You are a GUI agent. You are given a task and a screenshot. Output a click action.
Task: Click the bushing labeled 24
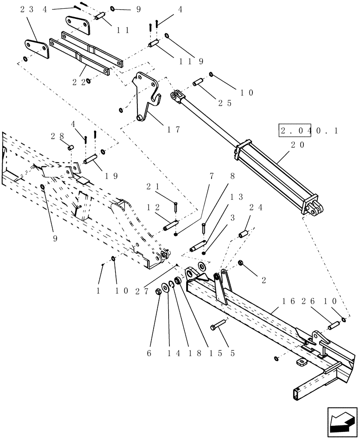pos(244,233)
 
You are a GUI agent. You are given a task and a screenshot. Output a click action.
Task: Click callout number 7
pos(212,176)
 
